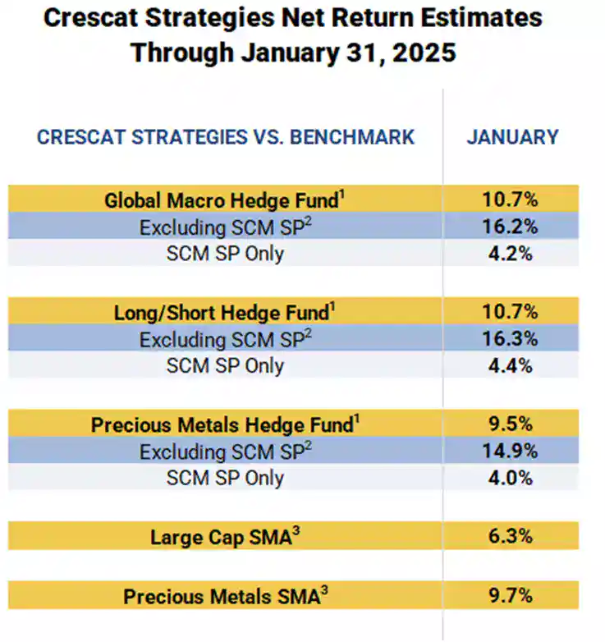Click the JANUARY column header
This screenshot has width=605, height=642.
pos(512,136)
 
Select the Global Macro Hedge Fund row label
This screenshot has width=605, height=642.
pos(222,200)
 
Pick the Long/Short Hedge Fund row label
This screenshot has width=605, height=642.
pos(222,313)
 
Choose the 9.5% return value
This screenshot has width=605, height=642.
pos(511,425)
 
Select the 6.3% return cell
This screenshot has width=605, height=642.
pos(511,537)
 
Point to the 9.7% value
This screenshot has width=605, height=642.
pos(511,596)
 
